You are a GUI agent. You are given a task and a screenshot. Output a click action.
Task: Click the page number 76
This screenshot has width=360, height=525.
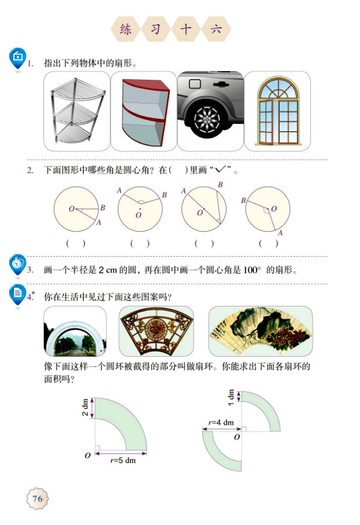tap(37, 498)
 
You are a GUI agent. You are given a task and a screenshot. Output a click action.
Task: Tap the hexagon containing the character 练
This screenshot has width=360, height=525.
tap(126, 29)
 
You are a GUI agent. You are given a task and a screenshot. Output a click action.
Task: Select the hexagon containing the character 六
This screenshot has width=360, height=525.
tap(216, 29)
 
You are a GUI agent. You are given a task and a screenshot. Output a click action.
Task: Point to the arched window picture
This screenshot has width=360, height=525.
tap(277, 111)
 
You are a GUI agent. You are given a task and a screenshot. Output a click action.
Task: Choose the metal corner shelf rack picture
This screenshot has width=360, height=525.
tap(75, 111)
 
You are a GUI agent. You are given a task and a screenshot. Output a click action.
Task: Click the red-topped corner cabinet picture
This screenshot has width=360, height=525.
tap(143, 111)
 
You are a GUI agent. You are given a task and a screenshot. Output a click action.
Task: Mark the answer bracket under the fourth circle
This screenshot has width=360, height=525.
tap(269, 243)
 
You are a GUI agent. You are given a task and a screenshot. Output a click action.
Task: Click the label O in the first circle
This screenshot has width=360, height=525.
tap(71, 209)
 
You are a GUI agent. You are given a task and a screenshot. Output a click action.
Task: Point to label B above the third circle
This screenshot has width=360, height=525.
tap(220, 185)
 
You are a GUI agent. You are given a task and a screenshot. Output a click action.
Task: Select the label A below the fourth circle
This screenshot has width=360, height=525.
tap(280, 233)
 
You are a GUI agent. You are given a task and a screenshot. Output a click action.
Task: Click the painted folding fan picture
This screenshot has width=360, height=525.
tap(260, 331)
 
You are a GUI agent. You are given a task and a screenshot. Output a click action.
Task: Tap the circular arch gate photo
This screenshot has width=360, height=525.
tap(75, 331)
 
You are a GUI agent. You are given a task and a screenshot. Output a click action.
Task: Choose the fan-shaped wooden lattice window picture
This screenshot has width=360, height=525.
tap(157, 331)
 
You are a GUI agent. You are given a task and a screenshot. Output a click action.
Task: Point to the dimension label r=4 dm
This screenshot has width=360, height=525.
tap(221, 423)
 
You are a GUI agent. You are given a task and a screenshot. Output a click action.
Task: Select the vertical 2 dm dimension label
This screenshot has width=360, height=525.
tap(84, 408)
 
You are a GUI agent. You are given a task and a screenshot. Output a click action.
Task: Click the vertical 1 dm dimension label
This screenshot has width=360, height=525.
tap(231, 396)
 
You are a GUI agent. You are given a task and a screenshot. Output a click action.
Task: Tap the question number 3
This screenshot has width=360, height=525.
tap(30, 269)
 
